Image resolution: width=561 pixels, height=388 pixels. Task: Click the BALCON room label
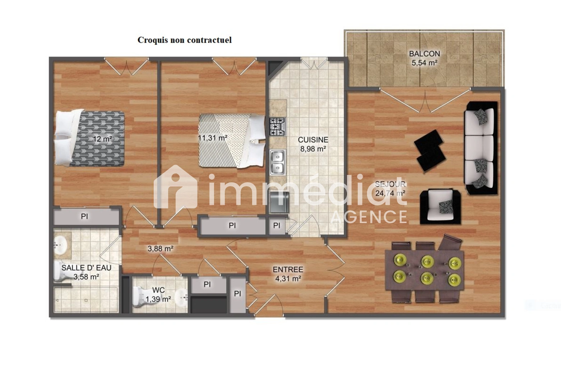tap(425, 54)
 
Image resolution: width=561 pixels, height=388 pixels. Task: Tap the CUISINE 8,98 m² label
tap(313, 144)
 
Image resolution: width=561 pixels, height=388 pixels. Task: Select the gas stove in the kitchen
tap(278, 126)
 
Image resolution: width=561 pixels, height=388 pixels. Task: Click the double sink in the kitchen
tap(278, 162)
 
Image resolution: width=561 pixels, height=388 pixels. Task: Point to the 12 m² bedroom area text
tap(102, 139)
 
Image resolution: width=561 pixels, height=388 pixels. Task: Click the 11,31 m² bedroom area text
tap(213, 138)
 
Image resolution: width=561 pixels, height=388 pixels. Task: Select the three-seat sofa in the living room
tap(481, 148)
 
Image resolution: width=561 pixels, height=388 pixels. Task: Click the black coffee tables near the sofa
tap(430, 151)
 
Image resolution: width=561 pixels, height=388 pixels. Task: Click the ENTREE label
tap(288, 269)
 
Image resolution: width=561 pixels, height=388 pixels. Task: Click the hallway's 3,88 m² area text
tap(161, 249)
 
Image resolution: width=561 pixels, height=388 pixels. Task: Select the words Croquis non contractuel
tap(185, 40)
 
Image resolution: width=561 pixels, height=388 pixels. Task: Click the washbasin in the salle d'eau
tap(60, 244)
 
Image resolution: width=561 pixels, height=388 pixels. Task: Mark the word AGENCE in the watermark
tap(368, 217)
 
